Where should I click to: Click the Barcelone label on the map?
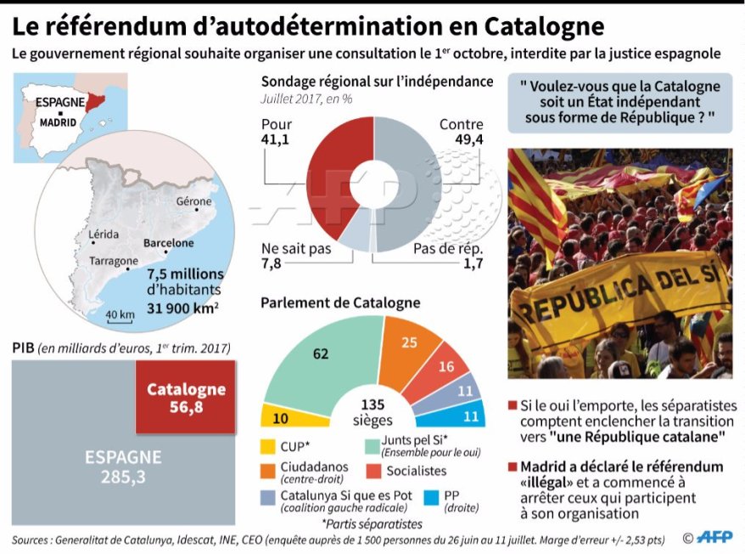(x=168, y=243)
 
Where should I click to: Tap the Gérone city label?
(x=193, y=202)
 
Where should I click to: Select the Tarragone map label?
(x=113, y=261)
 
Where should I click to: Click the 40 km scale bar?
(x=120, y=317)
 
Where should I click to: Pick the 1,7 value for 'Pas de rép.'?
(x=473, y=264)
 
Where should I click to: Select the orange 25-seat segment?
(x=409, y=349)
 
